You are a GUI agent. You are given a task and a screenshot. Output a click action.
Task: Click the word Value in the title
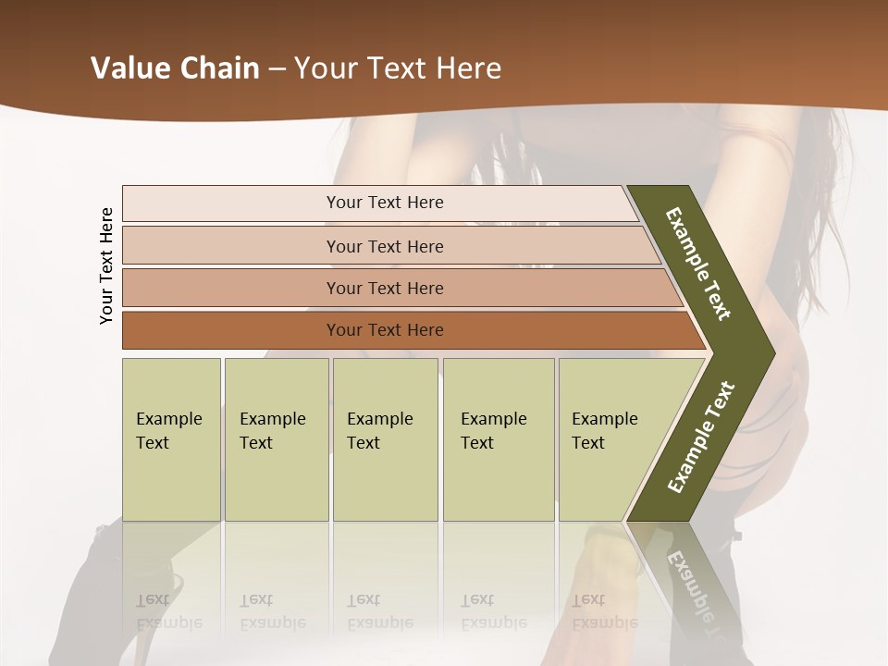[129, 68]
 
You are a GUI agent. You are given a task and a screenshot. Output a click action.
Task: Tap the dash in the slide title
[277, 68]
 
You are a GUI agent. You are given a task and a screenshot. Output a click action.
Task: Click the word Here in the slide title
[467, 68]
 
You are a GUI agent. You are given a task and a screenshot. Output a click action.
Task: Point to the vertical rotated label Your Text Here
[106, 265]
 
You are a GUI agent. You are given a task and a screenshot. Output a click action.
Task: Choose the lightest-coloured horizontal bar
[384, 203]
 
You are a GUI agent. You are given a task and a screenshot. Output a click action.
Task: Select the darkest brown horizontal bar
[384, 330]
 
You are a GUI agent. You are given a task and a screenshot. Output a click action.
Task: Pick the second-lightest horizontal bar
[384, 246]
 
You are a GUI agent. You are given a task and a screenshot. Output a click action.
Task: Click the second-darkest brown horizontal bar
[384, 288]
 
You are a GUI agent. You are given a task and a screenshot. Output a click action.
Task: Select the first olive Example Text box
[171, 438]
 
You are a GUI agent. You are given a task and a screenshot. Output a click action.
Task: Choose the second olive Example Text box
[276, 438]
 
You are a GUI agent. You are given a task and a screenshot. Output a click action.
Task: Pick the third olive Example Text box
[385, 438]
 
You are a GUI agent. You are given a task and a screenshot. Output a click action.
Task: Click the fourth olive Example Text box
[498, 438]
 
